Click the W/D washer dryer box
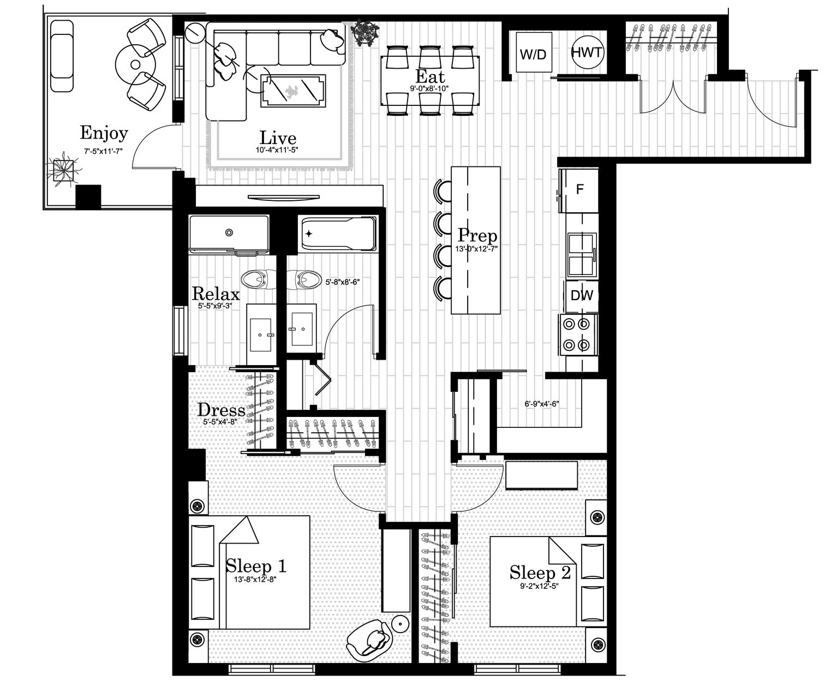tap(534, 52)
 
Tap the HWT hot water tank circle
tap(587, 52)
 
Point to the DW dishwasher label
tap(581, 295)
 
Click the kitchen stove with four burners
tap(578, 335)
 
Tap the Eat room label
tap(430, 76)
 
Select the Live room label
tap(278, 138)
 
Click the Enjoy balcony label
tap(104, 134)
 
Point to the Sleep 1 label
tap(256, 566)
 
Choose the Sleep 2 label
tap(540, 572)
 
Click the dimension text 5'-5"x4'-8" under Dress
tap(220, 422)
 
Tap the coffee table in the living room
tap(293, 91)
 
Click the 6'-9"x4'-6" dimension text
tap(542, 404)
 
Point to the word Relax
tap(216, 294)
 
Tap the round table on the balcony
tap(135, 64)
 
